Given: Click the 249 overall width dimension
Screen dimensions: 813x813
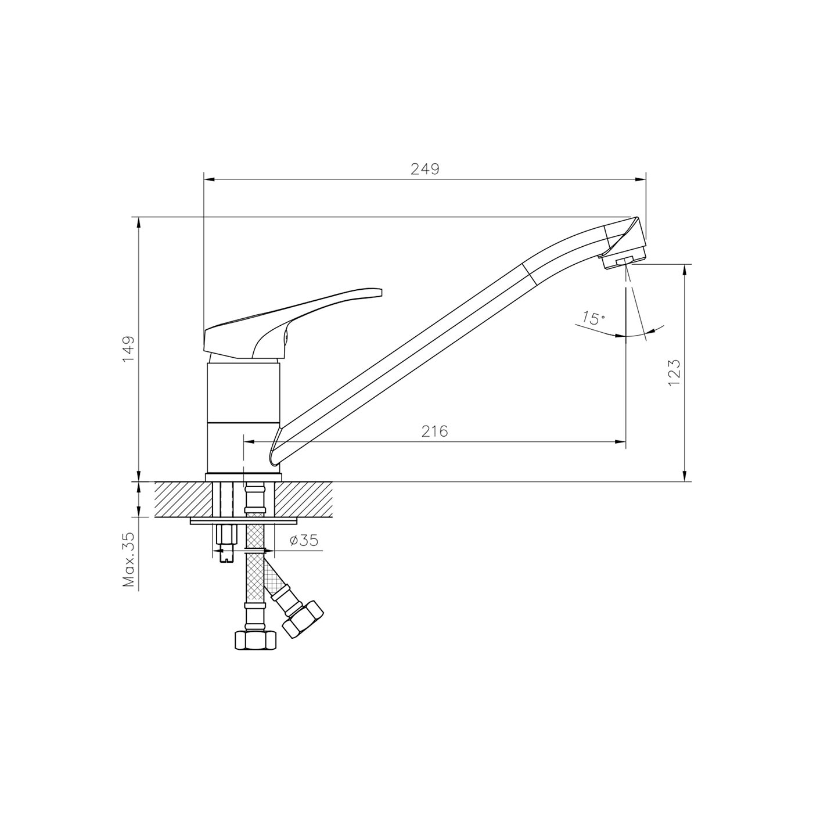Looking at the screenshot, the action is coord(425,169).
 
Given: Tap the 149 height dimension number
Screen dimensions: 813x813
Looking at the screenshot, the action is coord(128,348).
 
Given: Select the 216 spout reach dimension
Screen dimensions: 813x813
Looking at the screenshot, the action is coord(434,431).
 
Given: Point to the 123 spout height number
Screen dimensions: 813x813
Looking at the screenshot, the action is coord(674,372).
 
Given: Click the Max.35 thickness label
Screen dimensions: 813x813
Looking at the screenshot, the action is coord(128,559).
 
